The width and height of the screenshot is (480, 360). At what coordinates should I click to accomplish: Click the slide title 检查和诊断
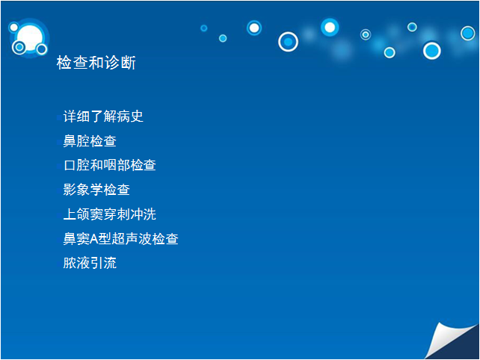(x=96, y=63)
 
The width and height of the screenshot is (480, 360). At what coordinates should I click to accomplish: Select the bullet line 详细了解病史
(x=103, y=117)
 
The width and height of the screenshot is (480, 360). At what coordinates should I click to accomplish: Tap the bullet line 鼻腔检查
(x=90, y=141)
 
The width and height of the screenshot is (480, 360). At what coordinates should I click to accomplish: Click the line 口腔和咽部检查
(x=110, y=165)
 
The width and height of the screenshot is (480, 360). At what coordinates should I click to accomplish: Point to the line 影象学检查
(x=96, y=190)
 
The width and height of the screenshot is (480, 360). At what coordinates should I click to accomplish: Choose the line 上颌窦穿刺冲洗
(x=110, y=214)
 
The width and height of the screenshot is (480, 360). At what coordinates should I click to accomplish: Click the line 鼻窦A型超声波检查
(x=120, y=238)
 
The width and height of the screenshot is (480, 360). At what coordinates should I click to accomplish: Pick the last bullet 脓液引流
(x=90, y=263)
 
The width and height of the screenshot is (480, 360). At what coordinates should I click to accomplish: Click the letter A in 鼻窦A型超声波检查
(x=93, y=239)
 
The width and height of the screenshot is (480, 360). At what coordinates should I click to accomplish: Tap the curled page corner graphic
(x=452, y=341)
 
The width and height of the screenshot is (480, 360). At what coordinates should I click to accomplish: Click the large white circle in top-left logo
(x=30, y=37)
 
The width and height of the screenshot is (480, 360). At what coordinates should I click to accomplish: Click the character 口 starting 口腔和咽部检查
(x=70, y=166)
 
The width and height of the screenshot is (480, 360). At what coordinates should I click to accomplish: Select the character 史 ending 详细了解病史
(x=137, y=117)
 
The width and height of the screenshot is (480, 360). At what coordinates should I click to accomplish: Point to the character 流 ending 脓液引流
(x=110, y=263)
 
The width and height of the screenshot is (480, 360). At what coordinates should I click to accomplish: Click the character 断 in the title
(x=128, y=63)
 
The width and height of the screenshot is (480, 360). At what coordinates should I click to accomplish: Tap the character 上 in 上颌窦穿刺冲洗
(x=70, y=214)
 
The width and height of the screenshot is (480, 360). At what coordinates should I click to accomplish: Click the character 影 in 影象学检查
(x=70, y=190)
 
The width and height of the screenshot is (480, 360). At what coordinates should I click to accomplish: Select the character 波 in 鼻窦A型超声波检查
(x=144, y=238)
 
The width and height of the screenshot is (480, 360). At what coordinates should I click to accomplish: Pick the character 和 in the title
(x=96, y=63)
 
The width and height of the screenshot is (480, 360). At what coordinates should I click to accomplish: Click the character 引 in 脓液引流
(x=96, y=263)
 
